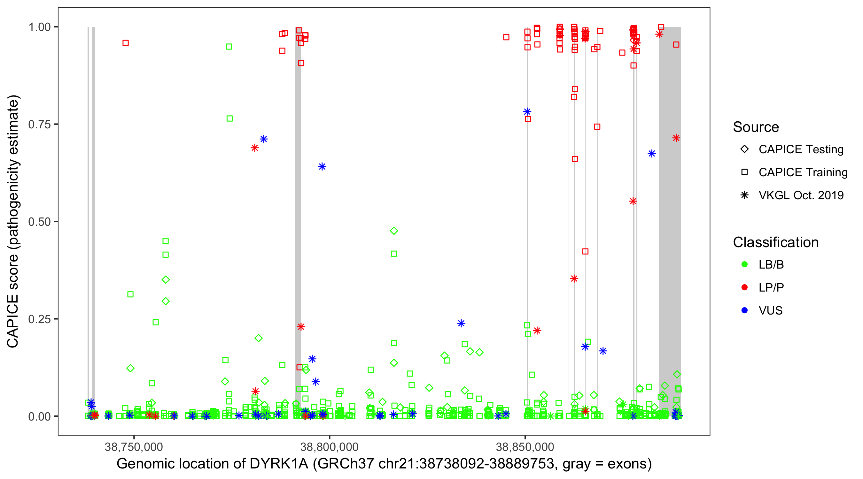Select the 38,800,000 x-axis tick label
coord(329,447)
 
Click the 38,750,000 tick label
coord(134,447)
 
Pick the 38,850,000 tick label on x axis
coord(525,447)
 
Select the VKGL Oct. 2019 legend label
coord(801,195)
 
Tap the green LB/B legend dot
coord(744,264)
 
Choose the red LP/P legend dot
coord(744,287)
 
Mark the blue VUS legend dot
coord(744,310)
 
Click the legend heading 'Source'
coord(756,127)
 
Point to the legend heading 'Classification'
coord(775,242)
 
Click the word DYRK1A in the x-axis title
coord(279,464)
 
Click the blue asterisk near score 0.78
coord(527,111)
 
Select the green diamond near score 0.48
coord(394,231)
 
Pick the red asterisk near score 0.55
coord(633,201)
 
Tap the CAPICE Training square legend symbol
coord(744,172)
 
